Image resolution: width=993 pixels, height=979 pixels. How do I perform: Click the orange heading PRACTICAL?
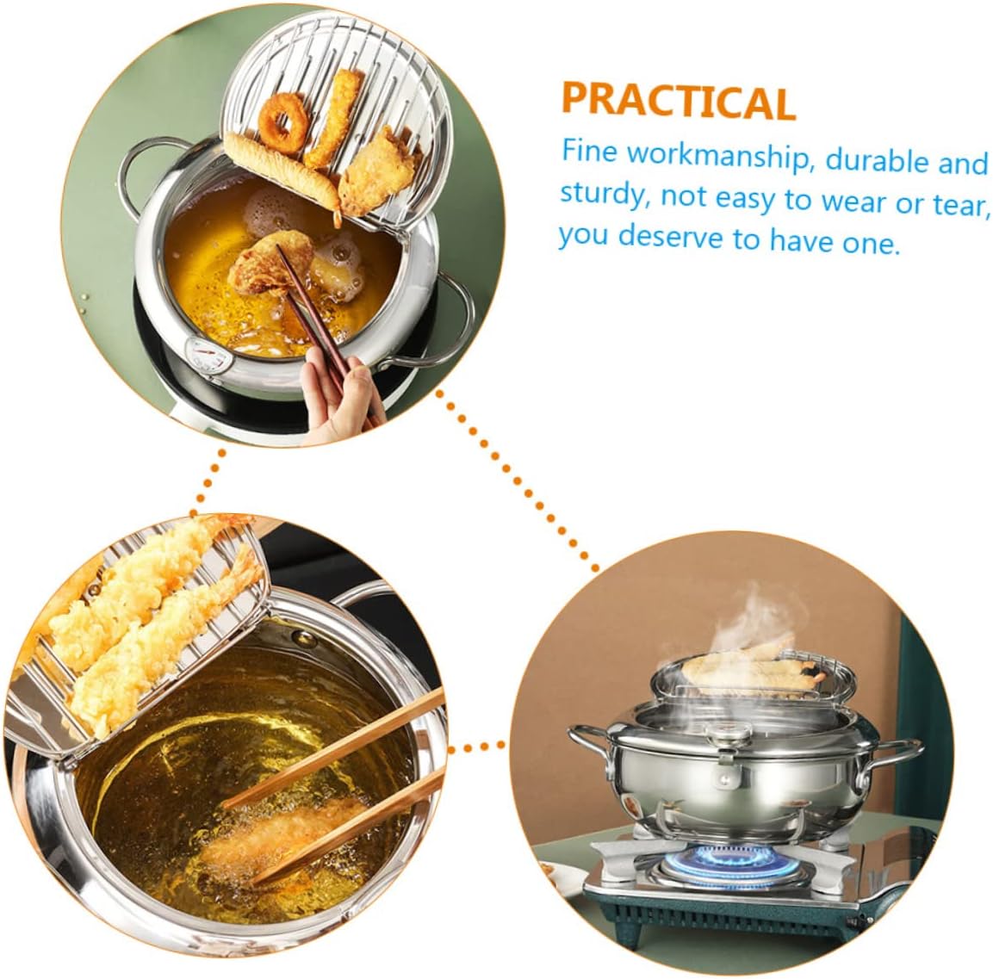(x=677, y=101)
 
